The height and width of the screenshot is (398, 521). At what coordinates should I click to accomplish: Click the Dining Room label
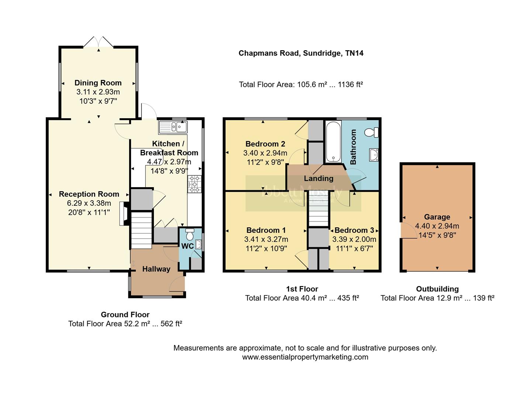coord(98,83)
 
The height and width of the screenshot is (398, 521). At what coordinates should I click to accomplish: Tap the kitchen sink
coord(173,127)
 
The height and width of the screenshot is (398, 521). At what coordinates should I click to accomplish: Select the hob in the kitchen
coord(195,184)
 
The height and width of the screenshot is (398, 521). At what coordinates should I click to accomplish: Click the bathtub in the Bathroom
coord(333,142)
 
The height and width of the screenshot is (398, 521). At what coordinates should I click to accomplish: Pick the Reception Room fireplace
coord(124,213)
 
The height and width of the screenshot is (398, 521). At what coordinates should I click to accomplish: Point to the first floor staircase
coord(318,216)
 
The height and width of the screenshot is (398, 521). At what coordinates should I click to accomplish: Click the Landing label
coord(318,178)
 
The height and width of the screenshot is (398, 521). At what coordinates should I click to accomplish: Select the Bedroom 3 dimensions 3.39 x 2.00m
coord(354,240)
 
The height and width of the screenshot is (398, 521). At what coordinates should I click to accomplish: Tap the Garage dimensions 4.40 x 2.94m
coord(437,226)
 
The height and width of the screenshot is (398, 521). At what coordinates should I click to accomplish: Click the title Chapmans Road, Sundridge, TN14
coord(301,53)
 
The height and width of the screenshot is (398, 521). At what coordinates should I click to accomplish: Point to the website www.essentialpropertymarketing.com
coord(305,357)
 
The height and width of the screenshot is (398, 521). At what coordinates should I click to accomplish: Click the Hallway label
coord(156,269)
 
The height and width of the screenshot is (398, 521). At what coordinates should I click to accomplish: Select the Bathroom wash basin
coord(374,155)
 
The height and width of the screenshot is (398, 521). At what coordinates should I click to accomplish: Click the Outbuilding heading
coord(437,289)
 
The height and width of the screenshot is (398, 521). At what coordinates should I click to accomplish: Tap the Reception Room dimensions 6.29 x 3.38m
coord(89,203)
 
